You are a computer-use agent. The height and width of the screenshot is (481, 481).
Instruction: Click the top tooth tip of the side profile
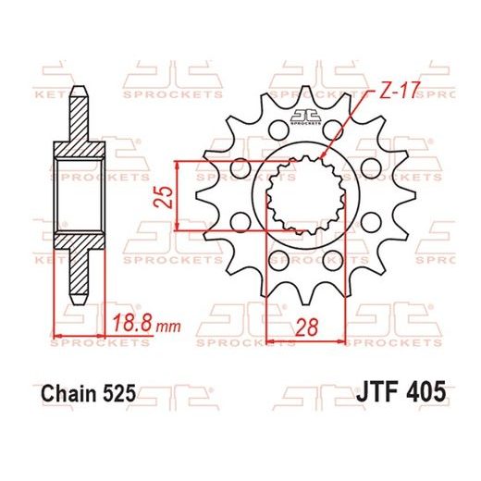80,89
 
